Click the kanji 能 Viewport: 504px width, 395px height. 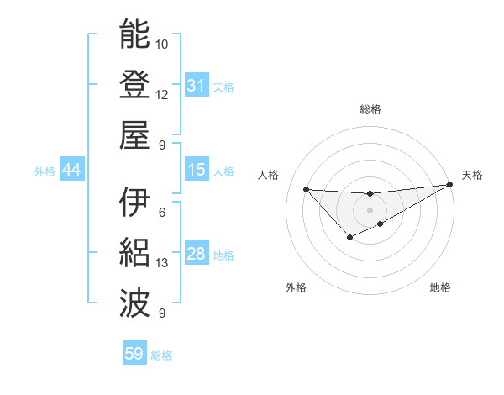(134, 35)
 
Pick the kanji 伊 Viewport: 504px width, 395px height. (134, 203)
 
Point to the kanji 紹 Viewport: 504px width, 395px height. (134, 252)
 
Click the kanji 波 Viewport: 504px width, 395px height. (134, 301)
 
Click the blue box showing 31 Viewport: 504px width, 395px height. (197, 86)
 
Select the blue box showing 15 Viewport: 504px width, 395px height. (197, 170)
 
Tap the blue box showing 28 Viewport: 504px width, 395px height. (197, 254)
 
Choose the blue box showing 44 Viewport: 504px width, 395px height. (72, 170)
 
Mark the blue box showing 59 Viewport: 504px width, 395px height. (134, 354)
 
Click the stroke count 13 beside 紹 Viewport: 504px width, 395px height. (162, 263)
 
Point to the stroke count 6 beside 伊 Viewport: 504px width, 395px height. (162, 213)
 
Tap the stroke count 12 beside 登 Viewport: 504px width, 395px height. (162, 94)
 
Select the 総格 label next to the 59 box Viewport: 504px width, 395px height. (161, 355)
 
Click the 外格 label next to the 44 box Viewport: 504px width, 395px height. (45, 171)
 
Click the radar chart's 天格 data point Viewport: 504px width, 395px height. (451, 185)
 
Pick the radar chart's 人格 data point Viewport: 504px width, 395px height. (306, 188)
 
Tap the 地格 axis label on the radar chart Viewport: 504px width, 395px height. (440, 288)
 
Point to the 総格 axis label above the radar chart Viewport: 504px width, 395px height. (370, 109)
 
